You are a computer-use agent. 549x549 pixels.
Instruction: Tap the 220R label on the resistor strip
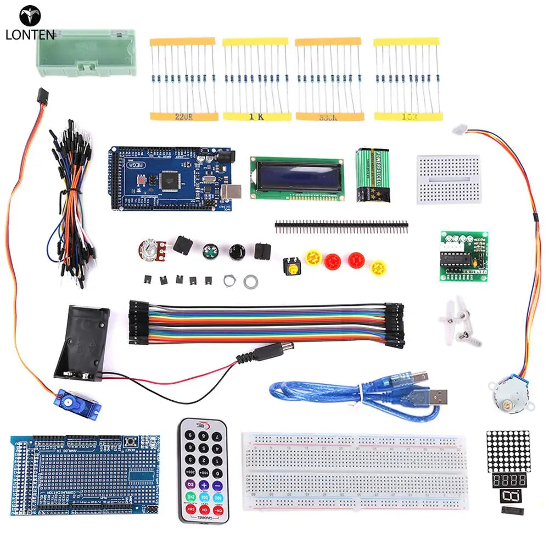[x=183, y=116]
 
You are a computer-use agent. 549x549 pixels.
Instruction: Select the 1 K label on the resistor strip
[x=256, y=116]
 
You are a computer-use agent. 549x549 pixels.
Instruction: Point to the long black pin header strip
[x=341, y=225]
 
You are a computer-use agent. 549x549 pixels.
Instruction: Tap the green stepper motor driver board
[x=464, y=256]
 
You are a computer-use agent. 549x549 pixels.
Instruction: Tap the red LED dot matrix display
[x=508, y=451]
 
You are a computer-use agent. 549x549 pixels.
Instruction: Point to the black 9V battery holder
[x=83, y=343]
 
